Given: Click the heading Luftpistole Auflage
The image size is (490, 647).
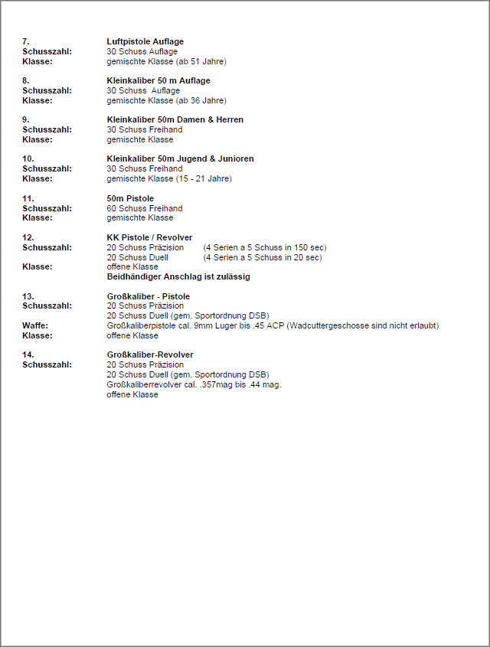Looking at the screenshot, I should [145, 41].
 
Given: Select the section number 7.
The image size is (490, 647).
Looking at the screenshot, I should [26, 41].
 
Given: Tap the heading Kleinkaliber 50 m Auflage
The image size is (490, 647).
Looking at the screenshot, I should [158, 80].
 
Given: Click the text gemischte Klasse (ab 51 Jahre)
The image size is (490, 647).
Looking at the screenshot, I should [166, 61].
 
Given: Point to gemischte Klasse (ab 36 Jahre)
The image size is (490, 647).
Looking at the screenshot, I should [166, 100].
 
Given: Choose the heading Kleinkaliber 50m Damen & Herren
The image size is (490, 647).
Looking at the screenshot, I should [175, 119].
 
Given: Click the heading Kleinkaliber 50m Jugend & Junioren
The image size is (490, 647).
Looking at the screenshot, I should [180, 158].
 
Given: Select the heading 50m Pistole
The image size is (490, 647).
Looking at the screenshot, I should [130, 198].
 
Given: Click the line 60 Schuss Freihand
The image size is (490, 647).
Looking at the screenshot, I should [144, 208].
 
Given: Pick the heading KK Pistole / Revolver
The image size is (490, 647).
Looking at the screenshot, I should [149, 237].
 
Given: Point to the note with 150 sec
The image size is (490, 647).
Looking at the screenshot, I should [264, 247].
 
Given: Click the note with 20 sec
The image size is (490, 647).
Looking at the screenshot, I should [262, 257].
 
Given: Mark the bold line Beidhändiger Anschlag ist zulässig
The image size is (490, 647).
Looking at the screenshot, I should [178, 276].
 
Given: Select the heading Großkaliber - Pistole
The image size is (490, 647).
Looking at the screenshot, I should [148, 296].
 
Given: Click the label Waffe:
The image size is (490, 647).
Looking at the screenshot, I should [35, 325].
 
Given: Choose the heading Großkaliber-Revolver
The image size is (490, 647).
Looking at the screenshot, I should [149, 355].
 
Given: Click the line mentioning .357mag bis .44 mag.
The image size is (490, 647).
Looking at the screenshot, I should [194, 384].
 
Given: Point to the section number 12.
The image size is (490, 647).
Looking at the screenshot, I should [28, 237].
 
